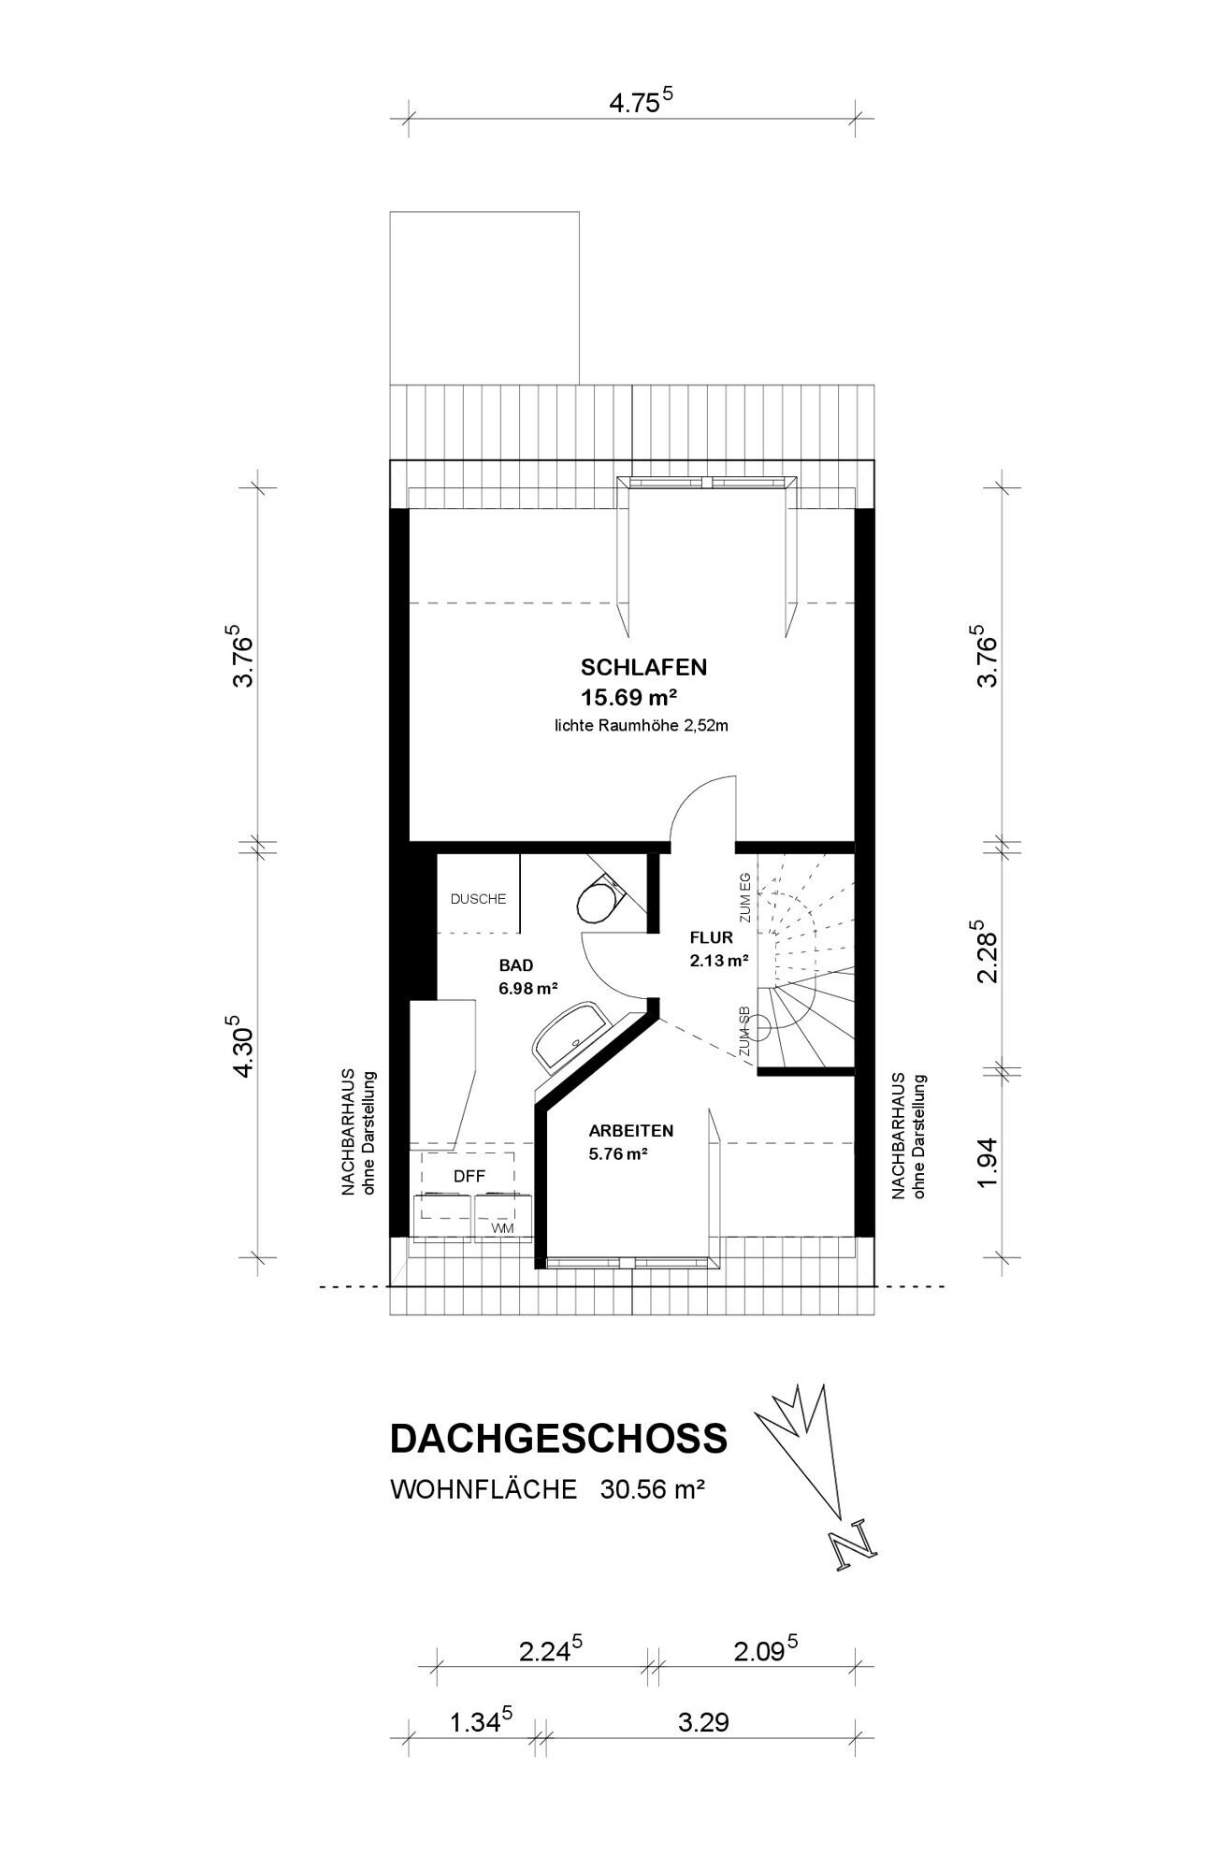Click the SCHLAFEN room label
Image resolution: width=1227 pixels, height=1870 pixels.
643,668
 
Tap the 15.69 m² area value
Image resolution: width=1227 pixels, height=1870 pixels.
629,698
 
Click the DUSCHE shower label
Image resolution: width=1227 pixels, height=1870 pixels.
478,899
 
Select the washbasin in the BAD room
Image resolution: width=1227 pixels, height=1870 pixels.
571,1036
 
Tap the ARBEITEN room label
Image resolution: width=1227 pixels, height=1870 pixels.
631,1131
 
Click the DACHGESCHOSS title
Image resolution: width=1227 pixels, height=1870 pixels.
558,1439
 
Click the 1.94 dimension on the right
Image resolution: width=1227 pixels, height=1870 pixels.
989,1164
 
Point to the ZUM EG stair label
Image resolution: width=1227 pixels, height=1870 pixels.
745,898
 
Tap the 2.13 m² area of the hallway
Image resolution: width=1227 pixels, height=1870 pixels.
719,960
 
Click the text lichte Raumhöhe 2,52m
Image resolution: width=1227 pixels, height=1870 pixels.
641,725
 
